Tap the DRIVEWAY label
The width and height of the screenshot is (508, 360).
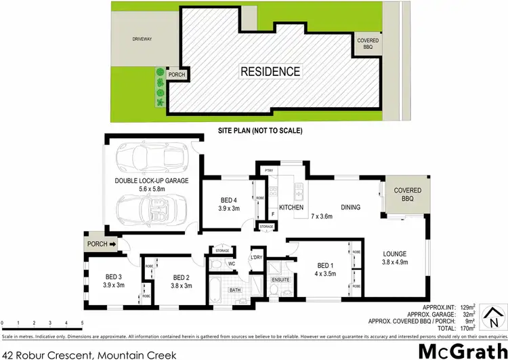(142, 39)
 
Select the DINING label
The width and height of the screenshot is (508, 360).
(350, 207)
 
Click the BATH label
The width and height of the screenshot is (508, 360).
(234, 290)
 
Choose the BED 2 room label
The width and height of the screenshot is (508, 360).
(181, 277)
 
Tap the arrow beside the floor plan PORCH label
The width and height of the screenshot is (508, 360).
(112, 245)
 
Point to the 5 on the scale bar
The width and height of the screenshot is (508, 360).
(83, 321)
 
